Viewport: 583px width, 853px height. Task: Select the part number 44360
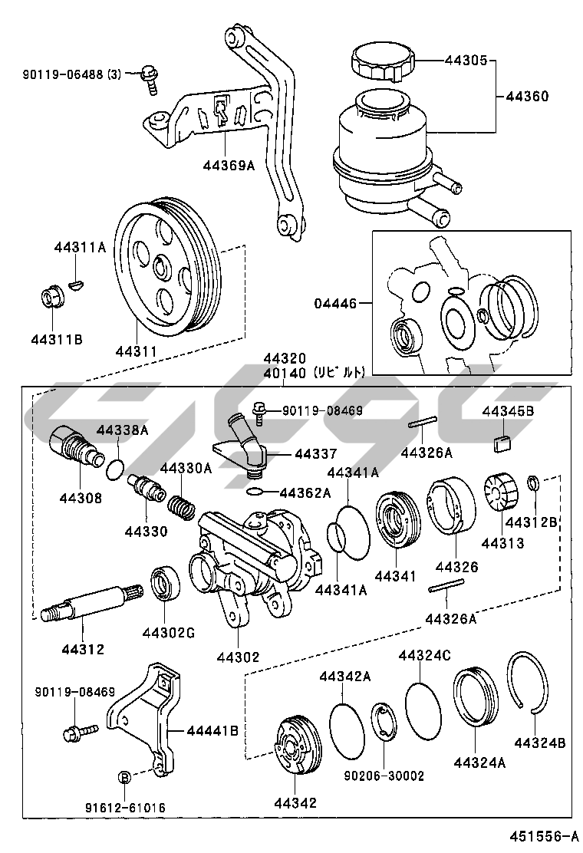pyautogui.click(x=527, y=97)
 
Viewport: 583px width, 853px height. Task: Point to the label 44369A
pyautogui.click(x=229, y=164)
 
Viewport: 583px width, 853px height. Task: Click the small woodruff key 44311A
pyautogui.click(x=74, y=285)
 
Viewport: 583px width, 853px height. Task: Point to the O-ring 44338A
pyautogui.click(x=115, y=467)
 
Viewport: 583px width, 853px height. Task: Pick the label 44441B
pyautogui.click(x=212, y=731)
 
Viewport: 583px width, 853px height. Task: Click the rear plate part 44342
pyautogui.click(x=295, y=745)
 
